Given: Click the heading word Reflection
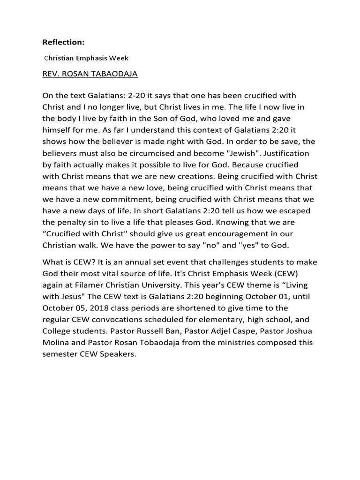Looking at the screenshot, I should point(63,43).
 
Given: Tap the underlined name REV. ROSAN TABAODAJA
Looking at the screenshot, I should point(90,74).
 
